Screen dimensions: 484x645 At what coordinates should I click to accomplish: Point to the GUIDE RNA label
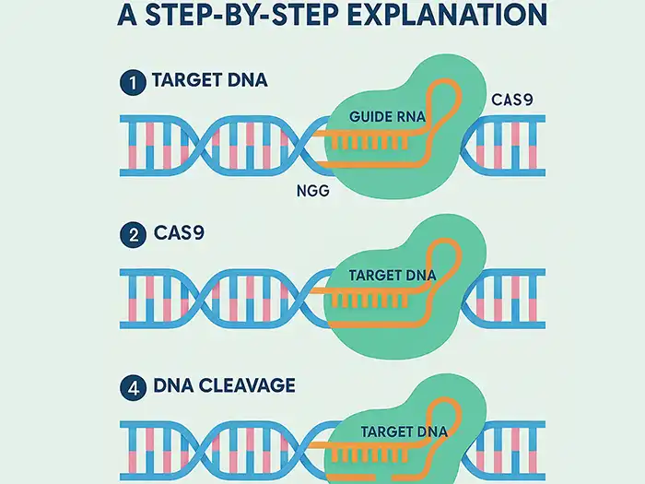(x=389, y=117)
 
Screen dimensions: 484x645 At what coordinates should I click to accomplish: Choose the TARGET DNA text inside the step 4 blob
(x=399, y=431)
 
